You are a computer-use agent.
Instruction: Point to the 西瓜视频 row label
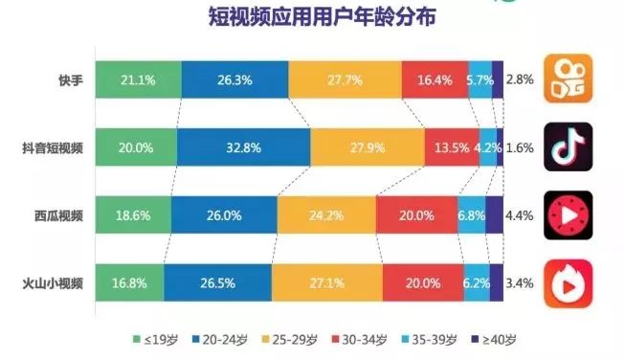tap(58, 215)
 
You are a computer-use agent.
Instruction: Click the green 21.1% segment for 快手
tap(138, 79)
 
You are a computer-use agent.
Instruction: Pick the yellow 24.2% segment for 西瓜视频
tap(326, 215)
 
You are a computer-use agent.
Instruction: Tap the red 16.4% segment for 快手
tap(435, 79)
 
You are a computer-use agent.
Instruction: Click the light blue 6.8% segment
tap(471, 215)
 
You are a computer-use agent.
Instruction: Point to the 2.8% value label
tap(520, 79)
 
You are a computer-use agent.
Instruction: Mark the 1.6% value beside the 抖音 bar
tap(520, 147)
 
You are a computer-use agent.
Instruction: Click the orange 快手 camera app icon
tap(568, 78)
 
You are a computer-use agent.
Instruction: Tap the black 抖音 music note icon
tap(568, 146)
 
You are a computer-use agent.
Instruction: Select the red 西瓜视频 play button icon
tap(568, 215)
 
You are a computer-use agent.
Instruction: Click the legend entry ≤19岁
tap(150, 339)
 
